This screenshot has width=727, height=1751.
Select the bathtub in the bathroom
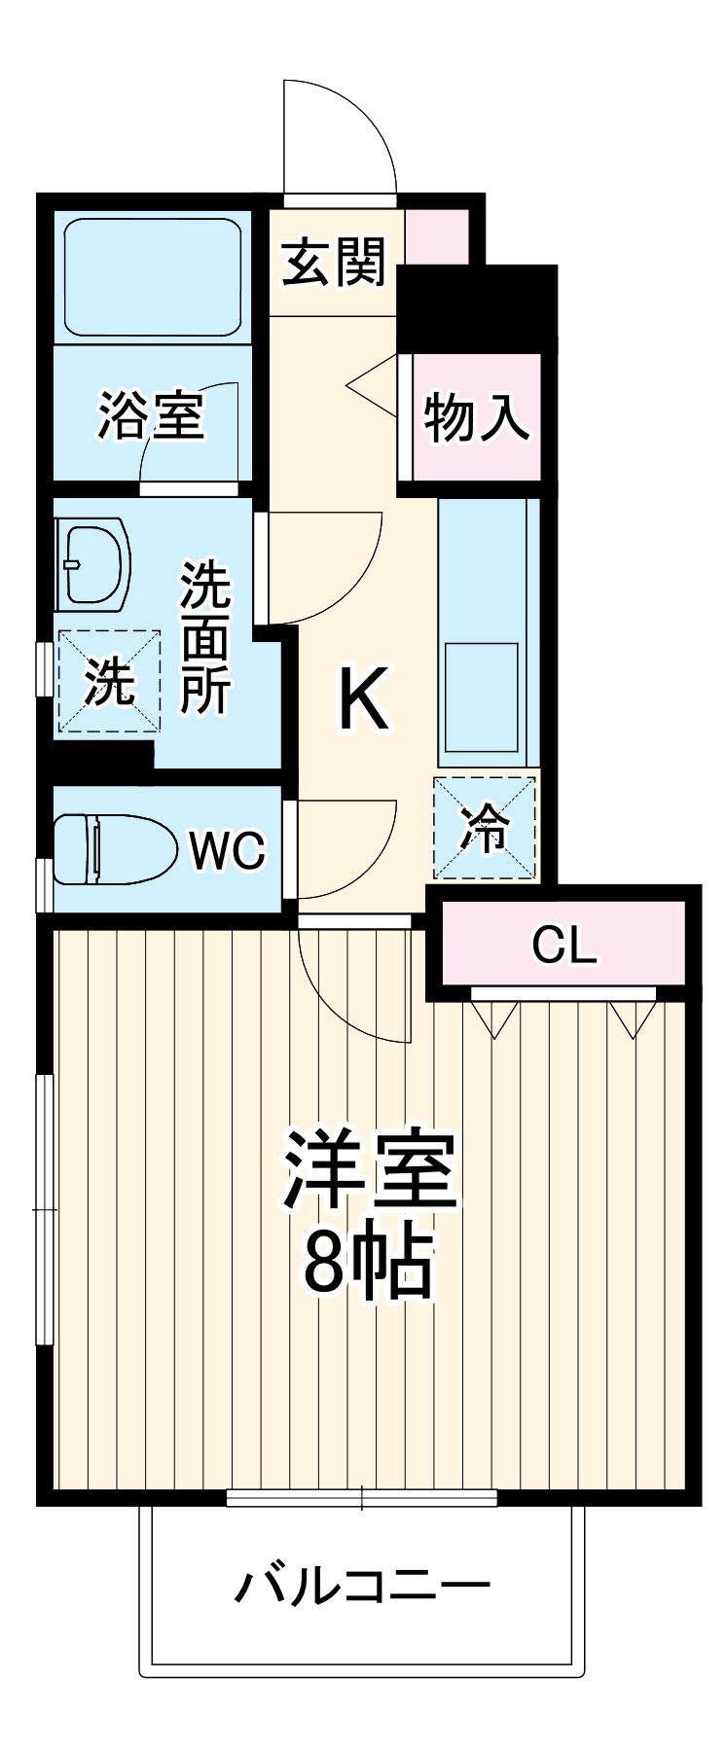click(x=153, y=277)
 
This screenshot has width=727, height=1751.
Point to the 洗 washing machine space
click(x=108, y=680)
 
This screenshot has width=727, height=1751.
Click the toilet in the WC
click(x=112, y=849)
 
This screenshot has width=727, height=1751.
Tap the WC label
click(x=227, y=851)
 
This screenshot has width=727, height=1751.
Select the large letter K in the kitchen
click(x=362, y=699)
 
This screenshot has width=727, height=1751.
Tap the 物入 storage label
click(x=476, y=418)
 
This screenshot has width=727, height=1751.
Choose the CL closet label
click(x=563, y=945)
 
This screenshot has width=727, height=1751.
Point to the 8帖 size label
click(x=367, y=1262)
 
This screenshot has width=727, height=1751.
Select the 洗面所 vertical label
click(x=204, y=637)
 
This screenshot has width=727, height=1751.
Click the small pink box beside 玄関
click(x=436, y=236)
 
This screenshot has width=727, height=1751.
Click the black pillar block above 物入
click(x=476, y=307)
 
